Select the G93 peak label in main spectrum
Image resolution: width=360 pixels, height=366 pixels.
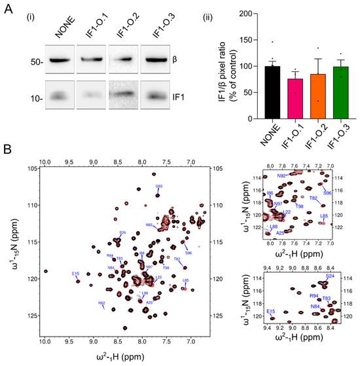pyautogui.click(x=159, y=187)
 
